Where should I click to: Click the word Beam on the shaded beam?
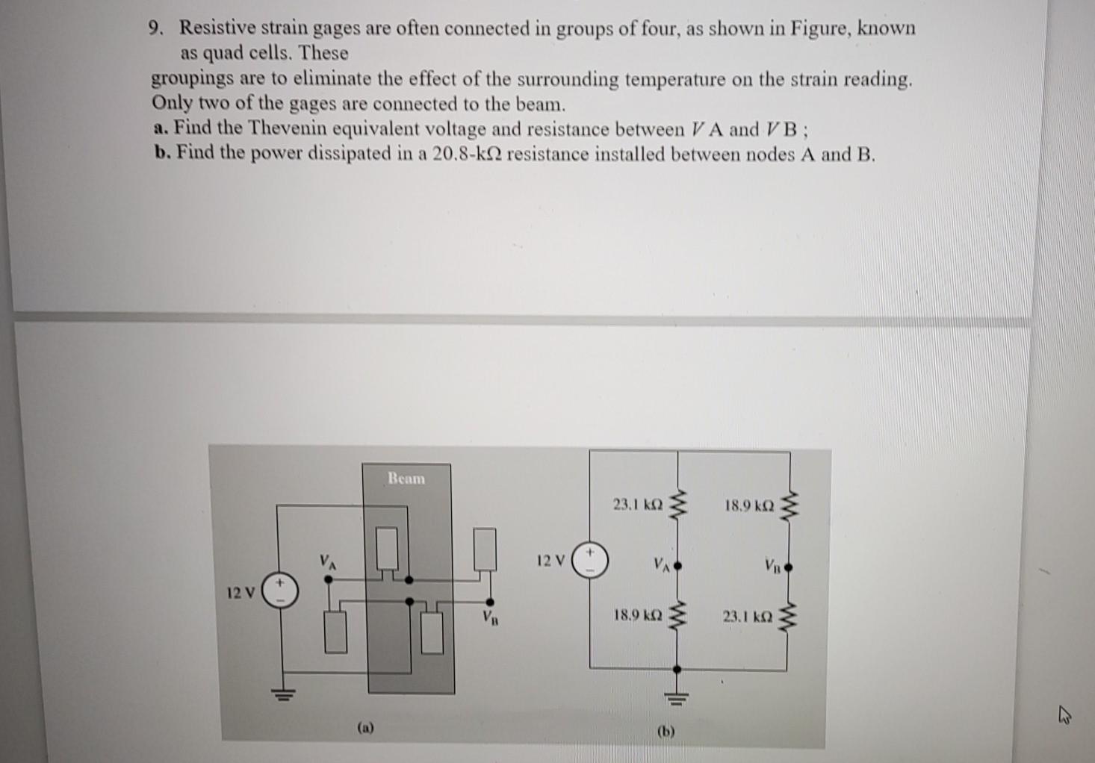pos(406,479)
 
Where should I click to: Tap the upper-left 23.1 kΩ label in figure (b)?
pos(637,505)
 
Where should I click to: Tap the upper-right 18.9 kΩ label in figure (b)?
pos(749,505)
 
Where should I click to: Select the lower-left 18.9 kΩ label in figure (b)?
pos(637,616)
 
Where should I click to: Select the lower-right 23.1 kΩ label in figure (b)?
pos(748,617)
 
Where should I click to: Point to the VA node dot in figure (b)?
pos(677,567)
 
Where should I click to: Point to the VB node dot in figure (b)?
pos(788,567)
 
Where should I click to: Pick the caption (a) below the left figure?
pos(365,726)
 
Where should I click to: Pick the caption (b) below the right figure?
pos(666,732)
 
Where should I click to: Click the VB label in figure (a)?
pos(490,617)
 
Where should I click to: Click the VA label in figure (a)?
pos(327,561)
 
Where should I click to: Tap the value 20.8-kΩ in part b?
pos(468,155)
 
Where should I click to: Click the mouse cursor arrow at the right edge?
pos(1064,717)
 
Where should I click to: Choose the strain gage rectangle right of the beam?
pos(485,549)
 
